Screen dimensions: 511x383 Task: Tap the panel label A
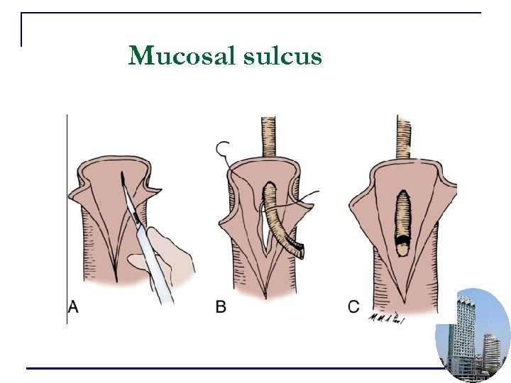[x=72, y=307]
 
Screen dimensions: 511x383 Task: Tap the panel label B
[x=221, y=307]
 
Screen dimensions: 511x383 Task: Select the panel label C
[x=353, y=307]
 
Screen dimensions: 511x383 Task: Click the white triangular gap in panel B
[x=264, y=234]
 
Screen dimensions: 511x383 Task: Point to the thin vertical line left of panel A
[x=67, y=213]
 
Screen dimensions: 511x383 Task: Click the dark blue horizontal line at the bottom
[x=227, y=368]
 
